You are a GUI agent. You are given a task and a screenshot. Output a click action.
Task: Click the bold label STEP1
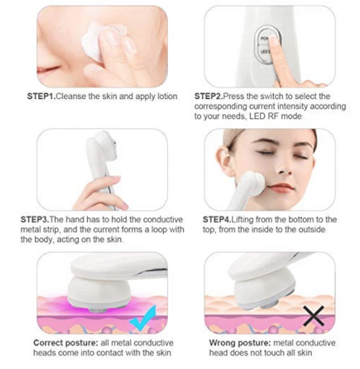coord(41,96)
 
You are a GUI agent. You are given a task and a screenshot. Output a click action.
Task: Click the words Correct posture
coord(65,343)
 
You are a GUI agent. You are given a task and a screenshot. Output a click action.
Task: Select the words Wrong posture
coord(240,343)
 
